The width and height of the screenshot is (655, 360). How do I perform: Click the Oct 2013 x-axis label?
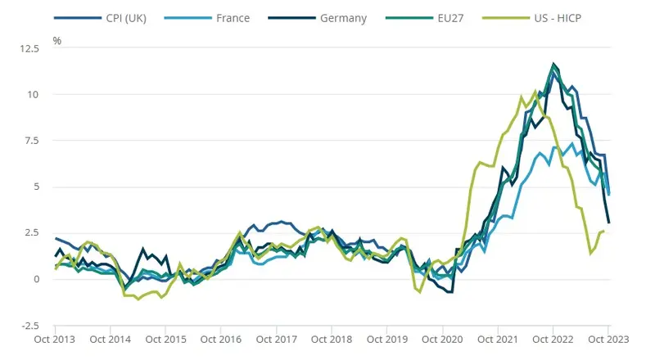(x=56, y=339)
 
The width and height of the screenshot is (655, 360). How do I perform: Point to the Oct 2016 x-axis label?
(x=221, y=339)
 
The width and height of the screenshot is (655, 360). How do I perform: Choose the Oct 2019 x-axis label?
(x=387, y=339)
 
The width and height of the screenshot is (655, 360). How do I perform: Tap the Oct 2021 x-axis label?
(x=498, y=339)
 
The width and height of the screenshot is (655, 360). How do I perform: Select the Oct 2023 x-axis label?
(x=608, y=339)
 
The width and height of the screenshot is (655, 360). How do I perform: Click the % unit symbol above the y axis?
(x=56, y=40)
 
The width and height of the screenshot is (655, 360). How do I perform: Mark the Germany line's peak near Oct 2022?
(x=554, y=64)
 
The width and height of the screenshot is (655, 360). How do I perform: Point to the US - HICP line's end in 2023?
(x=603, y=232)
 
